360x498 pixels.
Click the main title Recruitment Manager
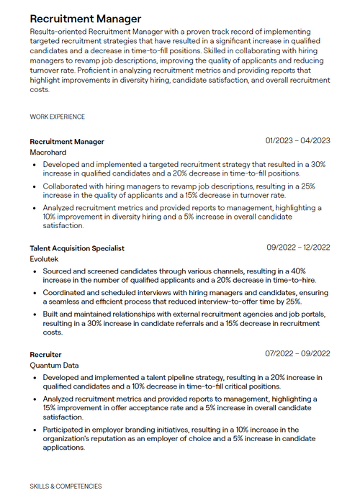(86, 18)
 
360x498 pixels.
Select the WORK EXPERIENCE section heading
(58, 117)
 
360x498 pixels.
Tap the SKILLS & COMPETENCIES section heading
(66, 486)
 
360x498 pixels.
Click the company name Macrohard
(48, 153)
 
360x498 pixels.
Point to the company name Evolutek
(45, 259)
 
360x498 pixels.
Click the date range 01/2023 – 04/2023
(297, 140)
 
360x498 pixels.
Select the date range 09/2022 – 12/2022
(297, 247)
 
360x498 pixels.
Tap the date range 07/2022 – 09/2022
(297, 353)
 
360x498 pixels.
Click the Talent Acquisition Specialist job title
(77, 248)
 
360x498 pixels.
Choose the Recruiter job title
(45, 355)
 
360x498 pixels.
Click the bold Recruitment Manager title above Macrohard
(67, 142)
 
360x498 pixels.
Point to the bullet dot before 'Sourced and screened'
(36, 271)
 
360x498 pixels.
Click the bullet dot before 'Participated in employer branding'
(36, 430)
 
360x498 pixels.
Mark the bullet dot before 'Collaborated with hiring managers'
(36, 186)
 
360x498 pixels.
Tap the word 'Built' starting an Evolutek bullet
(51, 314)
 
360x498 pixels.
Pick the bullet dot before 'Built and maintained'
(36, 314)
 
